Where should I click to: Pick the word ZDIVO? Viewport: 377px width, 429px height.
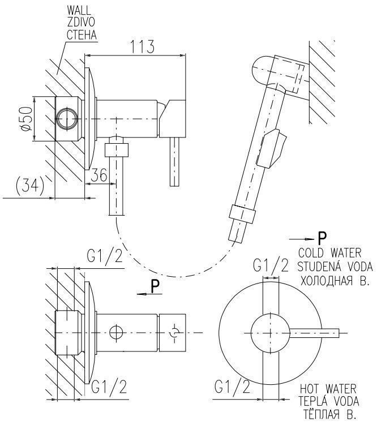pos(80,23)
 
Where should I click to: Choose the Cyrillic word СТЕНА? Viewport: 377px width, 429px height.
pos(82,35)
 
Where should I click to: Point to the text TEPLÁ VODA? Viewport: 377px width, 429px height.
pos(329,402)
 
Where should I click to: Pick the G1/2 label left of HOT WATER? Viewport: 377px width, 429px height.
pos(232,387)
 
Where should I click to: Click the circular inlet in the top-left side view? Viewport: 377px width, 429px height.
pos(66,119)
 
